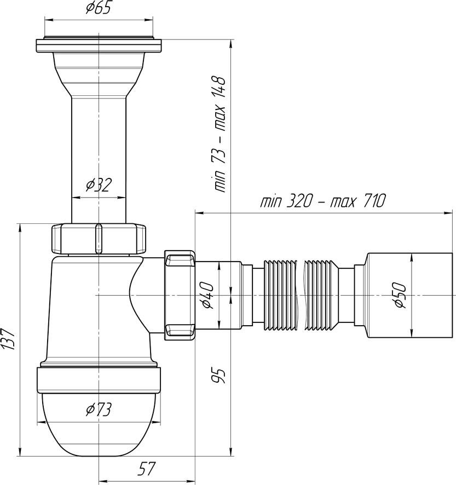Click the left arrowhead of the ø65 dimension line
(47, 20)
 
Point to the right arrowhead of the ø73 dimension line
(158, 422)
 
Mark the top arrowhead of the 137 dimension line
(20, 227)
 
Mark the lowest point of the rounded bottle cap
(99, 456)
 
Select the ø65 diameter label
(98, 8)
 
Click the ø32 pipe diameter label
(99, 185)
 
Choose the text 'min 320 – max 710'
(322, 201)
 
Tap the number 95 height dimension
(220, 375)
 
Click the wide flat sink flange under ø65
(99, 45)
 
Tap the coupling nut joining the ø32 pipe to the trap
(99, 239)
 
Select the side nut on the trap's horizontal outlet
(180, 296)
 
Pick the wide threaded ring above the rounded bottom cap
(99, 379)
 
